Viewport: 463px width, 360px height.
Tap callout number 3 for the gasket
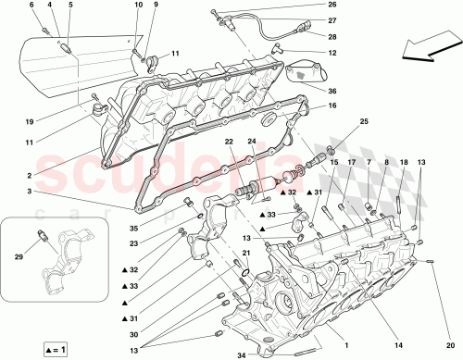click(x=30, y=192)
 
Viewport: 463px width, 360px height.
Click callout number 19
click(x=30, y=120)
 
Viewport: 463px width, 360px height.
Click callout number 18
click(x=403, y=163)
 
